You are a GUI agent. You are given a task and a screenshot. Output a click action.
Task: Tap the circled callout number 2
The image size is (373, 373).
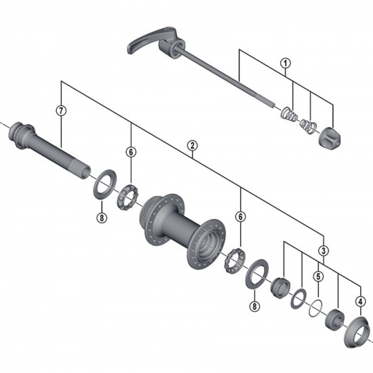point(193,145)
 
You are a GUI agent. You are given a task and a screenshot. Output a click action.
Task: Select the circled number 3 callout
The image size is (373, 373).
point(324,250)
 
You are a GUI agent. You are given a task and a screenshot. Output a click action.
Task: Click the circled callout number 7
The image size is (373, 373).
point(62,111)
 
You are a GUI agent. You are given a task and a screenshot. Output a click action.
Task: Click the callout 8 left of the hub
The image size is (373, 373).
point(101,217)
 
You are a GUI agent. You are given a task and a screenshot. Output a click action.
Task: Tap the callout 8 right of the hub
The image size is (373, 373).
point(254,307)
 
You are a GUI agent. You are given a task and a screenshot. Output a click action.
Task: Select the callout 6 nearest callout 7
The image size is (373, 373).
point(130,152)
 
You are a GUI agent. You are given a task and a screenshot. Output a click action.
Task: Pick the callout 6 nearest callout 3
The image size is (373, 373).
point(240,216)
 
